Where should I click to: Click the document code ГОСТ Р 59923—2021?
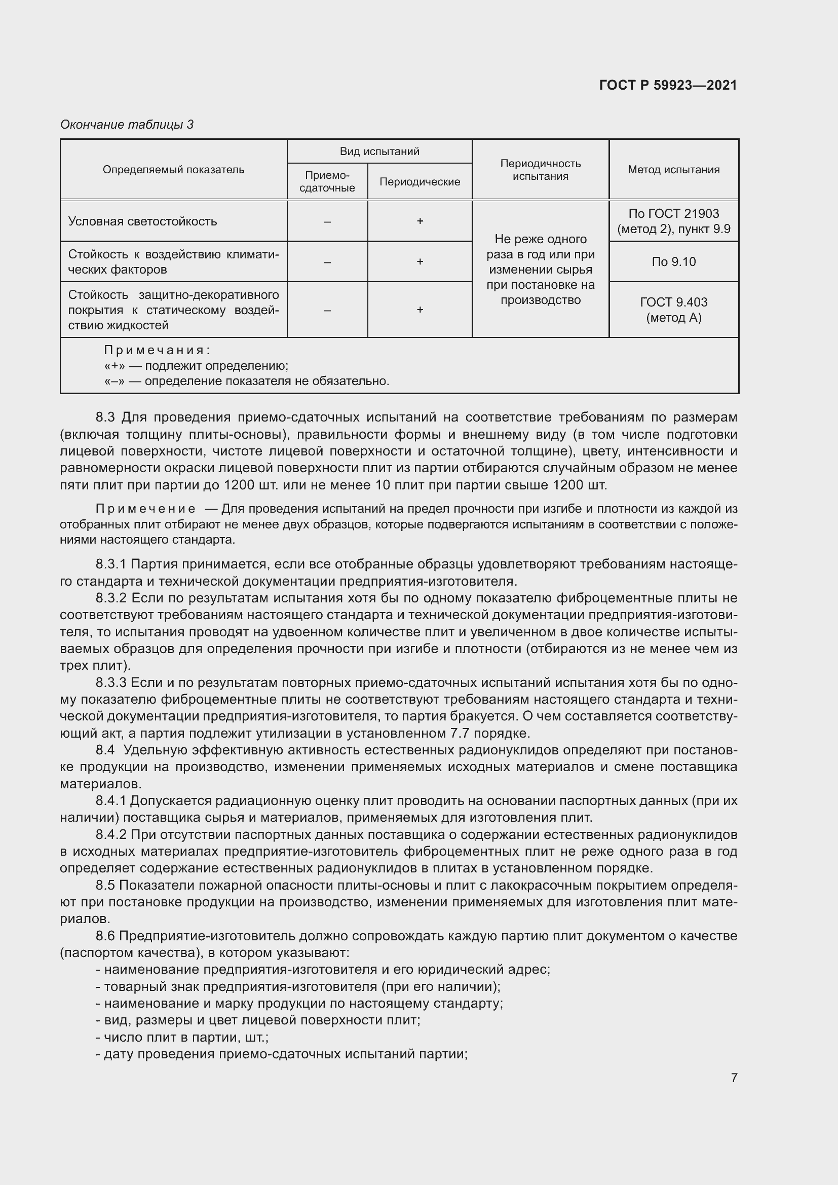click(x=668, y=85)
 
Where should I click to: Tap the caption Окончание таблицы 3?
click(x=127, y=125)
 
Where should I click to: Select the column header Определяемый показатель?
click(x=173, y=170)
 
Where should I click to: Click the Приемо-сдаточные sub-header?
click(x=327, y=182)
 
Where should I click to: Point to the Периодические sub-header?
click(x=420, y=182)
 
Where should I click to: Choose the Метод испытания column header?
click(x=673, y=170)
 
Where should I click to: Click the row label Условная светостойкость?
click(x=142, y=221)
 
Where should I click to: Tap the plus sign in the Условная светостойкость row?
click(x=420, y=221)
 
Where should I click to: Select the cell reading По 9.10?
click(x=673, y=261)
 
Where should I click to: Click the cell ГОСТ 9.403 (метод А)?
click(x=673, y=310)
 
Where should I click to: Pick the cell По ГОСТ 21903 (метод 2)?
click(x=673, y=221)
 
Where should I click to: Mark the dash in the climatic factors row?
click(x=327, y=261)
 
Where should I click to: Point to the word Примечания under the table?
click(x=157, y=351)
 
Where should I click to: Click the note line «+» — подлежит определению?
click(x=196, y=366)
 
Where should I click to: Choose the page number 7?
click(x=734, y=1078)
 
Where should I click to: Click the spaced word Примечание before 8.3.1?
click(x=145, y=509)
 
